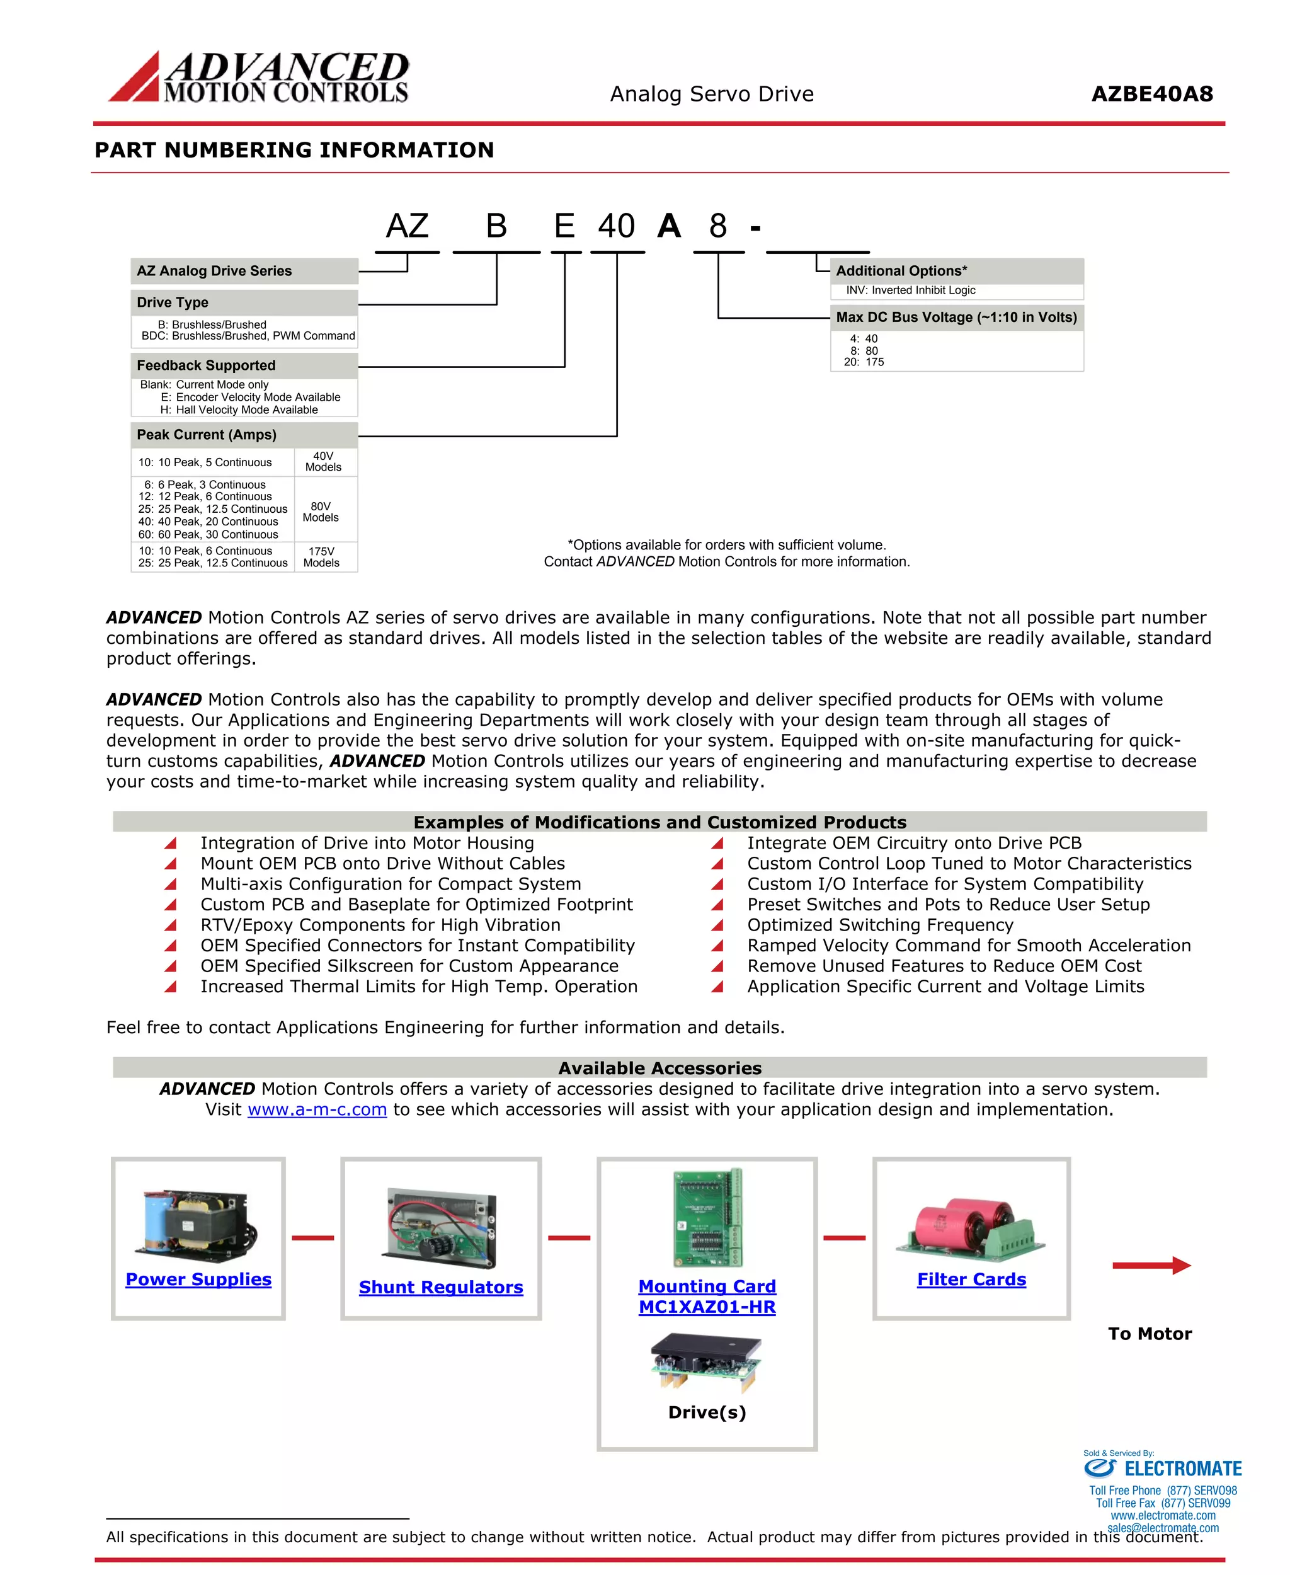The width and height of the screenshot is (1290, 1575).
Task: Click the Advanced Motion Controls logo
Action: click(x=259, y=77)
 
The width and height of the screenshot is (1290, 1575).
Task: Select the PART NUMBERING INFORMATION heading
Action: click(x=294, y=150)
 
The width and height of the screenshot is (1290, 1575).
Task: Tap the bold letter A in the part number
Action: click(x=669, y=226)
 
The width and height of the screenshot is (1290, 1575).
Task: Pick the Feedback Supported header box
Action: click(x=244, y=365)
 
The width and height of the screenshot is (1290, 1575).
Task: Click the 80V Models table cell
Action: click(x=321, y=512)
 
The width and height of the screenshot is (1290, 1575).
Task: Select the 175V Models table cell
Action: click(x=321, y=557)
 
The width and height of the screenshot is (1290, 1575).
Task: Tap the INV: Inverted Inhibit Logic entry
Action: click(x=910, y=290)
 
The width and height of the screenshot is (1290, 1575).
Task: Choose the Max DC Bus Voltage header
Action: click(x=956, y=318)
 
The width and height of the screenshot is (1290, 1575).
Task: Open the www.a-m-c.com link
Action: click(x=317, y=1109)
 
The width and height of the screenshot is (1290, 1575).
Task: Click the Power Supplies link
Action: click(x=198, y=1279)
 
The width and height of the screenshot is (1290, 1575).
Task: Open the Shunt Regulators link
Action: click(x=441, y=1287)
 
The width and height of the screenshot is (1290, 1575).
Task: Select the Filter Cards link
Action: click(x=971, y=1279)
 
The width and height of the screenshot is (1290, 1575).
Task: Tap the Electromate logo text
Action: click(x=1182, y=1469)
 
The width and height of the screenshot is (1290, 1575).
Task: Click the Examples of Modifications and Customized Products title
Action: click(x=660, y=822)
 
